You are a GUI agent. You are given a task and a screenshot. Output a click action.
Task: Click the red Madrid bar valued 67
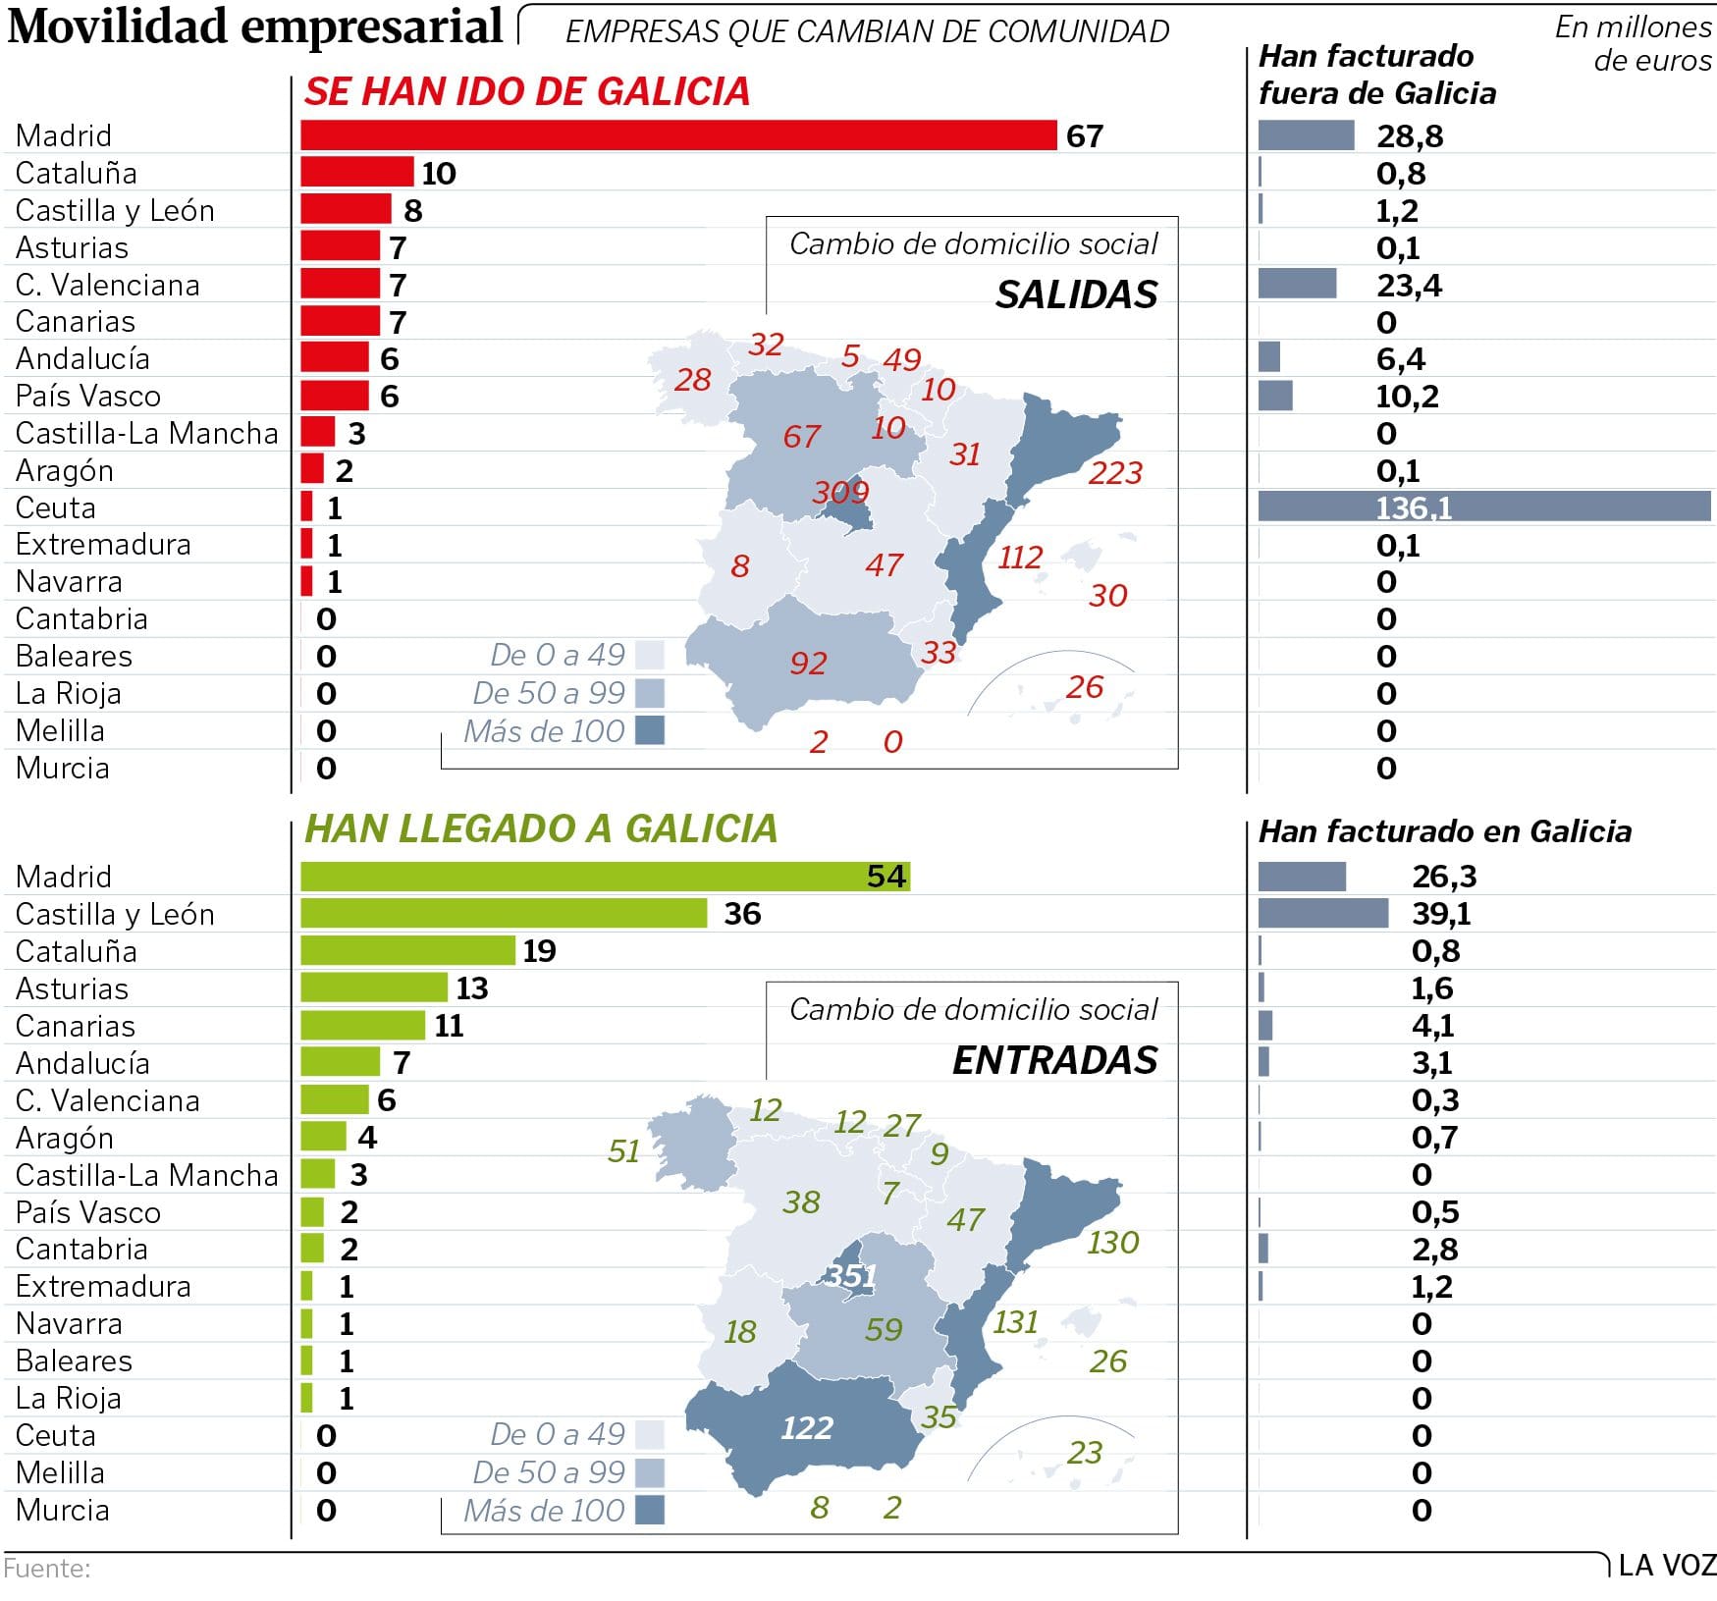coord(677,135)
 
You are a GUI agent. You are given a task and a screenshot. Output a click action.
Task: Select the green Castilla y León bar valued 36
coord(504,914)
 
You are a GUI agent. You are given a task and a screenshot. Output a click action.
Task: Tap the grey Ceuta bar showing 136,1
coord(1483,507)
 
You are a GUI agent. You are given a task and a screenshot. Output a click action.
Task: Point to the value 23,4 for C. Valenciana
coord(1409,286)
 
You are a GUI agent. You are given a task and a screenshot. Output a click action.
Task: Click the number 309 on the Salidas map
coord(840,492)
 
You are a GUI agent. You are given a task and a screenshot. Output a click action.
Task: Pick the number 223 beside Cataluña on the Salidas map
coord(1115,473)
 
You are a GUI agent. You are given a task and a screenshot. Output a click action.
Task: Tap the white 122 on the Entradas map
coord(807,1428)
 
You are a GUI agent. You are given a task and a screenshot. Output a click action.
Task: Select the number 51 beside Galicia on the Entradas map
coord(623,1151)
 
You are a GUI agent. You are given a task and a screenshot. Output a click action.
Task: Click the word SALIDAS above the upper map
coord(1076,295)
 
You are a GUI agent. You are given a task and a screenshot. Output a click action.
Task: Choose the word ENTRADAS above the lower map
coord(1054,1061)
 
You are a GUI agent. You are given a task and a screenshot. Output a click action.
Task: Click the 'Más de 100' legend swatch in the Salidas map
coord(650,731)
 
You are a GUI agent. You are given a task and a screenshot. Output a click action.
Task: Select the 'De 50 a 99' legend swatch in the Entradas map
coord(650,1472)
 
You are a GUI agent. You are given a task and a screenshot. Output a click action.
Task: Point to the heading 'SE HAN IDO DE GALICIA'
coord(527,92)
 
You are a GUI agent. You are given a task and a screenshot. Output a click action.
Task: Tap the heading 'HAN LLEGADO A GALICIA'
coord(541,829)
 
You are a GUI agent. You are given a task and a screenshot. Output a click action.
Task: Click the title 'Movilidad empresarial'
coord(255,27)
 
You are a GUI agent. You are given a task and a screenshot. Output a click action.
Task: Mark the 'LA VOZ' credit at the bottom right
coord(1667,1566)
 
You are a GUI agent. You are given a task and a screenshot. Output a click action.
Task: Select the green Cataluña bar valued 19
coord(407,951)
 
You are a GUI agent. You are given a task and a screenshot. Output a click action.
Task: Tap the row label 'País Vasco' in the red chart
coord(88,397)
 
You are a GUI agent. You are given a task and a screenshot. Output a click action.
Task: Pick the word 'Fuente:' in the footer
coord(47,1569)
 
